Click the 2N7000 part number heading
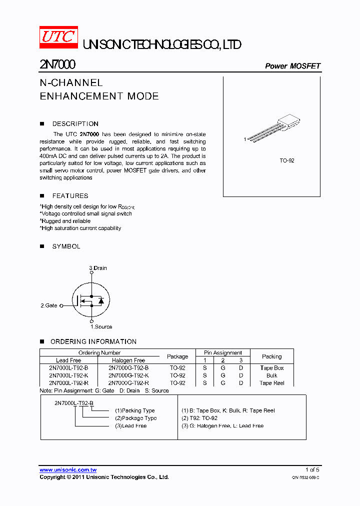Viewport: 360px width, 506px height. pos(57,65)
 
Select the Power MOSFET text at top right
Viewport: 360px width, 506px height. pos(292,66)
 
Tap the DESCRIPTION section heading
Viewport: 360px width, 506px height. pos(75,123)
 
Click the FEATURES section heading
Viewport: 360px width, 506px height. pos(70,195)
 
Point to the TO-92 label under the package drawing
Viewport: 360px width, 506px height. pos(286,161)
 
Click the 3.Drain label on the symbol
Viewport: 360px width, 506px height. pos(98,268)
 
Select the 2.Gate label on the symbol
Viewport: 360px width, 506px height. pos(49,305)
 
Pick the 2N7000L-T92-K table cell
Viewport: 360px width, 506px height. pos(68,375)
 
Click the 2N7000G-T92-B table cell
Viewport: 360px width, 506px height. pos(128,367)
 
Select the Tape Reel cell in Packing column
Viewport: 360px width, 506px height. pos(272,383)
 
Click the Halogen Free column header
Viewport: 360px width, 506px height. pos(128,360)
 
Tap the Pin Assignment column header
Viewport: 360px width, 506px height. pos(223,352)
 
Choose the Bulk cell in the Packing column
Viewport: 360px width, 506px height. pos(272,375)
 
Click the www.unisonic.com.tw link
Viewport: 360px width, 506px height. pos(68,470)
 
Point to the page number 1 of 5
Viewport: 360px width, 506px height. pos(312,470)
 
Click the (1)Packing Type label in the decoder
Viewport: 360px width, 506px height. pos(135,410)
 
